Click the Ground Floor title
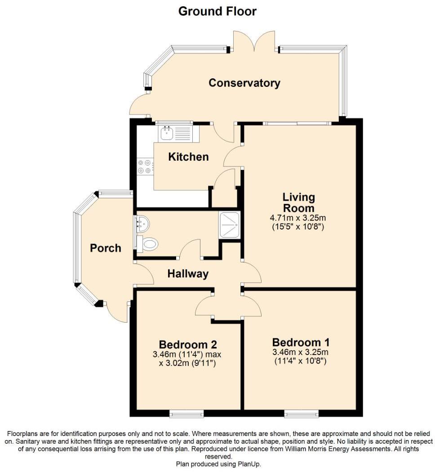(x=217, y=11)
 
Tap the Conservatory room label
(x=244, y=83)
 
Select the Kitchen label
(x=188, y=157)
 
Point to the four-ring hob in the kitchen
(x=145, y=166)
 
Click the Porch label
(x=105, y=248)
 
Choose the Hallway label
(x=188, y=274)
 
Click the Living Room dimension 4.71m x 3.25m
(x=298, y=218)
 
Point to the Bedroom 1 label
(x=298, y=342)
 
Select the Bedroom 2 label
(x=188, y=345)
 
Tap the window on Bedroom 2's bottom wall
(x=186, y=413)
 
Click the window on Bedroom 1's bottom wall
(x=301, y=413)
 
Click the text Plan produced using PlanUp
(x=218, y=464)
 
